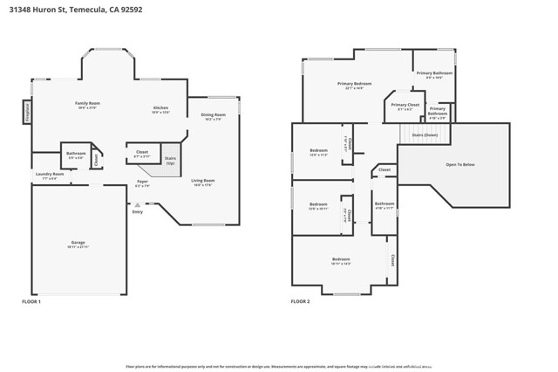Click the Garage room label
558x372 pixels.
coord(85,243)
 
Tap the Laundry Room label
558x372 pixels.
coord(50,175)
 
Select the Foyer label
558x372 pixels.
coord(142,183)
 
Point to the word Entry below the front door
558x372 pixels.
coord(137,212)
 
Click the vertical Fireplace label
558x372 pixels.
coord(28,113)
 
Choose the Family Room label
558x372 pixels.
coord(88,104)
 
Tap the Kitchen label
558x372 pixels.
coord(160,108)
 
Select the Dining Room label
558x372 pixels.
coord(214,115)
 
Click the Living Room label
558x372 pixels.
coord(203,182)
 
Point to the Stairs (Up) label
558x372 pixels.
coord(170,160)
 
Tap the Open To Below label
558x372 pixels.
coord(459,164)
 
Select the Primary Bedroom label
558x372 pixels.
coord(354,84)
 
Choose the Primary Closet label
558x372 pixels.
coord(405,106)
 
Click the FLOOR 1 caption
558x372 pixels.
coord(31,301)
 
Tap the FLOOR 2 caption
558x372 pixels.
coord(300,301)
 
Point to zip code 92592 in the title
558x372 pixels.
coord(131,10)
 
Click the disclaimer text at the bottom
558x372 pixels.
coord(279,367)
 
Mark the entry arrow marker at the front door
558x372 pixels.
coord(137,204)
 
